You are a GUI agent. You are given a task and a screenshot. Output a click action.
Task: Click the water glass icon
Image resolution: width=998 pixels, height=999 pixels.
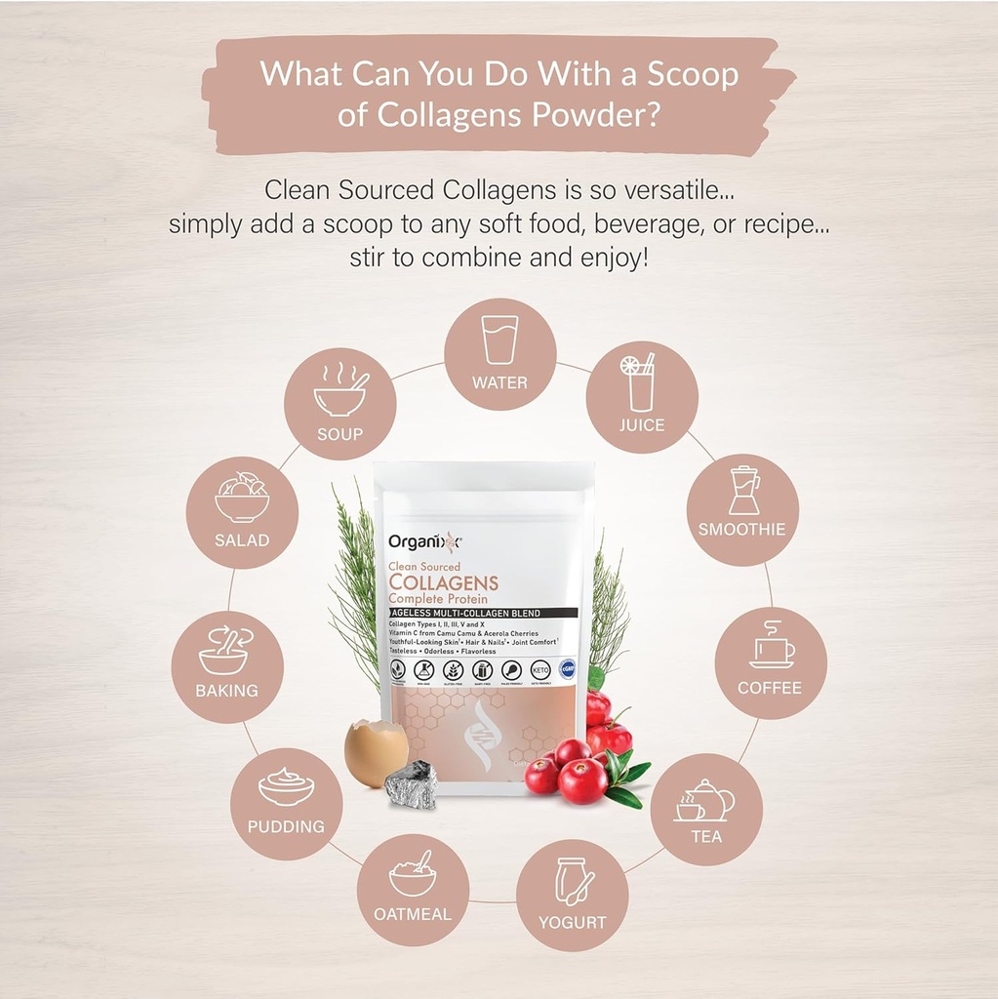coord(499,340)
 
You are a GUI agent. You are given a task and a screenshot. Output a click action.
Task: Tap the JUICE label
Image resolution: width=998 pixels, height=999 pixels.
coord(641,425)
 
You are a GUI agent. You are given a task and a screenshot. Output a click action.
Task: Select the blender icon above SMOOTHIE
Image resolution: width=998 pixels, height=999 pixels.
coord(743,491)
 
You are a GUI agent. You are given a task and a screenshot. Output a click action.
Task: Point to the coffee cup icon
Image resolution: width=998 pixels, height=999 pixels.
coord(771,648)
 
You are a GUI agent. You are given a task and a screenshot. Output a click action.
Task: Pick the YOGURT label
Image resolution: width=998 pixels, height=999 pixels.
coord(573,922)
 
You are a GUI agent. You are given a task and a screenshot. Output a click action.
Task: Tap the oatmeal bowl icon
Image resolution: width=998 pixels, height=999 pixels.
coord(413,874)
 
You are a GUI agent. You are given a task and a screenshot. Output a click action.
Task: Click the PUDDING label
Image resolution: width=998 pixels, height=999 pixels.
coord(286,826)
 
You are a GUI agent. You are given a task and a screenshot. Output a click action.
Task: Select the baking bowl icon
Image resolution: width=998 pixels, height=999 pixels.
coord(224,650)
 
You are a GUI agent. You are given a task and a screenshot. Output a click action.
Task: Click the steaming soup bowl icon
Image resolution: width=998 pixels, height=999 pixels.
coord(339,390)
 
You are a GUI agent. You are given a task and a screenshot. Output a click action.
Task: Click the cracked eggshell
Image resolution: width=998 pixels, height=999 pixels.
coord(376,752)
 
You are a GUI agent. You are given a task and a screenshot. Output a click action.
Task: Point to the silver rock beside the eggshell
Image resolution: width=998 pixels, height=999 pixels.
coord(411,784)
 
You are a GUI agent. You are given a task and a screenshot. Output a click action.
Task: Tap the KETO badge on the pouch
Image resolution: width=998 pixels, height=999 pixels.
coord(538,670)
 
